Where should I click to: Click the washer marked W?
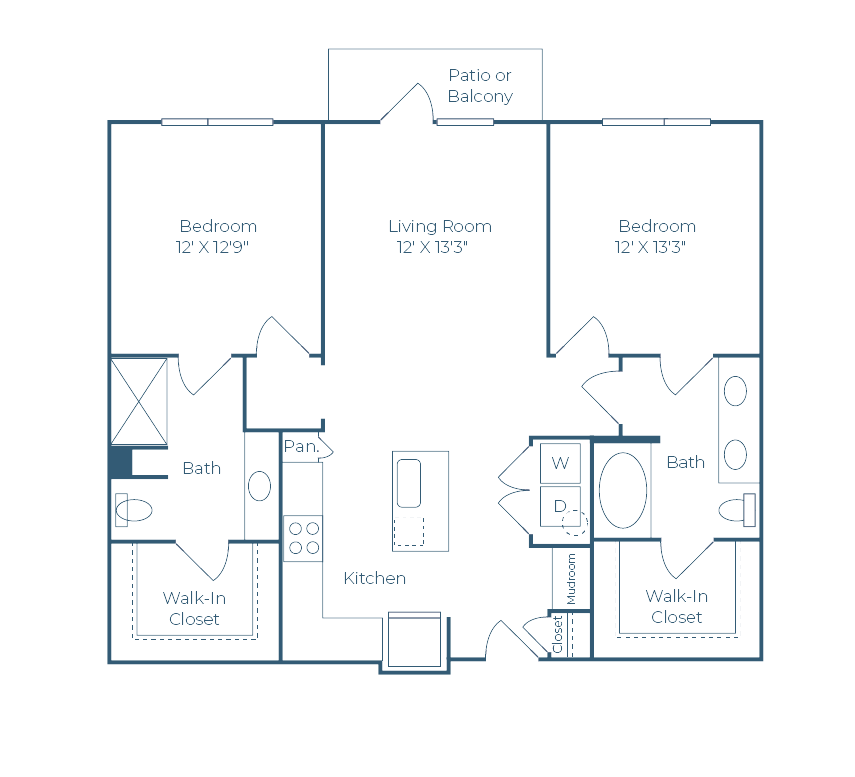pyautogui.click(x=560, y=462)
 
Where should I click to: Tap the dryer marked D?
pyautogui.click(x=560, y=506)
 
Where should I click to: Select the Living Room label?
pyautogui.click(x=440, y=226)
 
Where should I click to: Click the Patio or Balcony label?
pyautogui.click(x=480, y=86)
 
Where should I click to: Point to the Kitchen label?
pyautogui.click(x=375, y=578)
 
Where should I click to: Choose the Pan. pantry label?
pyautogui.click(x=300, y=447)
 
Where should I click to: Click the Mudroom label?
pyautogui.click(x=572, y=579)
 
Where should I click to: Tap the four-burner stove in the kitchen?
pyautogui.click(x=303, y=538)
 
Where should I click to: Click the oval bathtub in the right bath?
pyautogui.click(x=623, y=490)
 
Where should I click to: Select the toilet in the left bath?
pyautogui.click(x=131, y=511)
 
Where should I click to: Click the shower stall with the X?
pyautogui.click(x=139, y=401)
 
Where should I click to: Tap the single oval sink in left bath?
pyautogui.click(x=259, y=486)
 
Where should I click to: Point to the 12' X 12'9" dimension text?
pyautogui.click(x=211, y=247)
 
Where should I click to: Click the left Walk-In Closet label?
pyautogui.click(x=194, y=608)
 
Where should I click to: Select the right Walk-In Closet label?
pyautogui.click(x=677, y=606)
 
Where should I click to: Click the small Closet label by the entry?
pyautogui.click(x=558, y=635)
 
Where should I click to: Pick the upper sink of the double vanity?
pyautogui.click(x=735, y=391)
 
